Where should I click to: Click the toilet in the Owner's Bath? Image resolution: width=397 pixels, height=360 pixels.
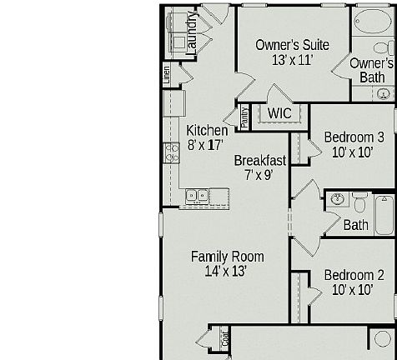pyautogui.click(x=383, y=49)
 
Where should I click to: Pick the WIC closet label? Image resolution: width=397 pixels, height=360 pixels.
pyautogui.click(x=279, y=113)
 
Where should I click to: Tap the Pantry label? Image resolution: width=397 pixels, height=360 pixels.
pyautogui.click(x=244, y=117)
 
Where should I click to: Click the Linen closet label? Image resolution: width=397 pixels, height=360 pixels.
pyautogui.click(x=166, y=74)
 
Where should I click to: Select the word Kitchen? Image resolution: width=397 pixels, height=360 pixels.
pyautogui.click(x=206, y=130)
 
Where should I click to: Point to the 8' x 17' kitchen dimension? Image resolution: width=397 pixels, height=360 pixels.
pyautogui.click(x=206, y=144)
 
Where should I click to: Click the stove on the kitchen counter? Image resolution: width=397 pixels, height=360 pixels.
pyautogui.click(x=172, y=152)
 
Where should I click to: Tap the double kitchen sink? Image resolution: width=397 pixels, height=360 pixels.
pyautogui.click(x=197, y=197)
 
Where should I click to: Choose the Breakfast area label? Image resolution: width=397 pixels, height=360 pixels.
pyautogui.click(x=259, y=160)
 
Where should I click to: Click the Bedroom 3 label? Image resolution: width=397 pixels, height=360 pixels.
pyautogui.click(x=354, y=137)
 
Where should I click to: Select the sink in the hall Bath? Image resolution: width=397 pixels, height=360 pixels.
pyautogui.click(x=337, y=200)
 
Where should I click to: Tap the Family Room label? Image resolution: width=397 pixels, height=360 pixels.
pyautogui.click(x=227, y=256)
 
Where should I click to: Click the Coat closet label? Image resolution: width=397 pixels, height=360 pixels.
pyautogui.click(x=224, y=339)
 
